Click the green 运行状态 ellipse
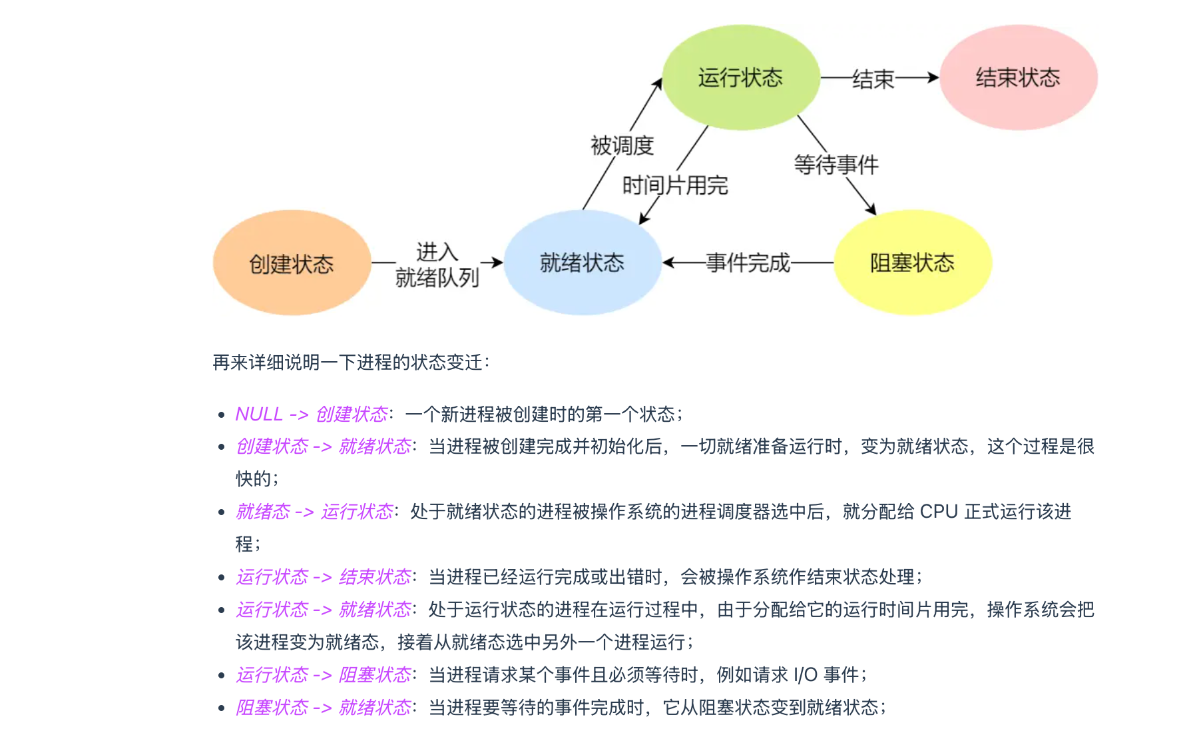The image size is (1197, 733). pos(740,77)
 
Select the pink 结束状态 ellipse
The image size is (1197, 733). pos(1018,77)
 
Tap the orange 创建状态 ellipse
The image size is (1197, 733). pos(292,263)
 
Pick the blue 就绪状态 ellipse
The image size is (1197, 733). pos(583,263)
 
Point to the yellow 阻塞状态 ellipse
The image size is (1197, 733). pos(912,263)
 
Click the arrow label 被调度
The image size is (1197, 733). pos(622,145)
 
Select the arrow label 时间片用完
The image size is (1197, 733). pos(675,185)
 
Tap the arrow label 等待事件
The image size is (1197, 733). pos(836,165)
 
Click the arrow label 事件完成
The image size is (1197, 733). pos(748,263)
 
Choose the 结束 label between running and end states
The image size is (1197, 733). pos(873,79)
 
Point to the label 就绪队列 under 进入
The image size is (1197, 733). pos(437,277)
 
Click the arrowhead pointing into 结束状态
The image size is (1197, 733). pos(933,78)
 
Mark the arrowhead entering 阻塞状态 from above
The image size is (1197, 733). pos(871,210)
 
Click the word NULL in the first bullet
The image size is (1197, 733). pos(259,414)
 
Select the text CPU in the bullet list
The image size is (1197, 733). pos(939,512)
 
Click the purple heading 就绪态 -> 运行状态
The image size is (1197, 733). pos(314,512)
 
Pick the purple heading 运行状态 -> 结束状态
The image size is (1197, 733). pos(324,577)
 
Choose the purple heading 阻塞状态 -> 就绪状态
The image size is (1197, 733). pos(324,708)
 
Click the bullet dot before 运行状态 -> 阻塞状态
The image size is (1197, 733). pos(222,676)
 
